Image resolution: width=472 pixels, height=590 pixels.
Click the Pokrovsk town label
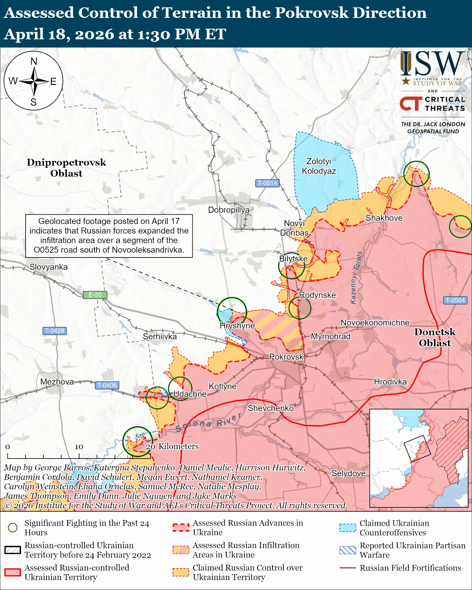click(x=286, y=357)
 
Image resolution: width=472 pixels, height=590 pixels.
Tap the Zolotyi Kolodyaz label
click(x=319, y=166)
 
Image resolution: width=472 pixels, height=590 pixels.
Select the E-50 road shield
click(x=95, y=295)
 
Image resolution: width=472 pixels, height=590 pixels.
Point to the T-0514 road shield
click(x=267, y=183)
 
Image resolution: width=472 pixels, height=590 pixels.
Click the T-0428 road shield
click(x=54, y=330)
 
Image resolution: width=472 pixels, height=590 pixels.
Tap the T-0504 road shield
click(x=455, y=300)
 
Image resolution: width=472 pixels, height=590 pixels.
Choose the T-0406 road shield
click(x=107, y=385)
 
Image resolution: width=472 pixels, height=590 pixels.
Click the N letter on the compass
click(x=34, y=61)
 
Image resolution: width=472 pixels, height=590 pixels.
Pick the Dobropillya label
click(x=229, y=210)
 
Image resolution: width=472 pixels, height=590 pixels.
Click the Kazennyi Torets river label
click(x=357, y=278)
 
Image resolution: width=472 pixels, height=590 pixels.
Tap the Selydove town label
click(x=348, y=473)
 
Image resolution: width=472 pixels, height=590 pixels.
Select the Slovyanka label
click(x=48, y=267)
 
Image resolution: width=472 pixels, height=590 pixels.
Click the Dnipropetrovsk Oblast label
click(x=66, y=168)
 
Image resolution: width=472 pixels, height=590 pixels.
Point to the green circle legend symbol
click(x=13, y=528)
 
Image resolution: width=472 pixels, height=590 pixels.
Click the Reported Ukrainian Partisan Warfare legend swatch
click(x=348, y=550)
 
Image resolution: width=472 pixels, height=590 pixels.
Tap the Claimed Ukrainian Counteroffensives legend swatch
click(x=348, y=528)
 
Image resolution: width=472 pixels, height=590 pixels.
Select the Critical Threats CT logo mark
click(x=411, y=103)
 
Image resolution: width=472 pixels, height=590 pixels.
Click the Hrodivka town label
click(x=390, y=382)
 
